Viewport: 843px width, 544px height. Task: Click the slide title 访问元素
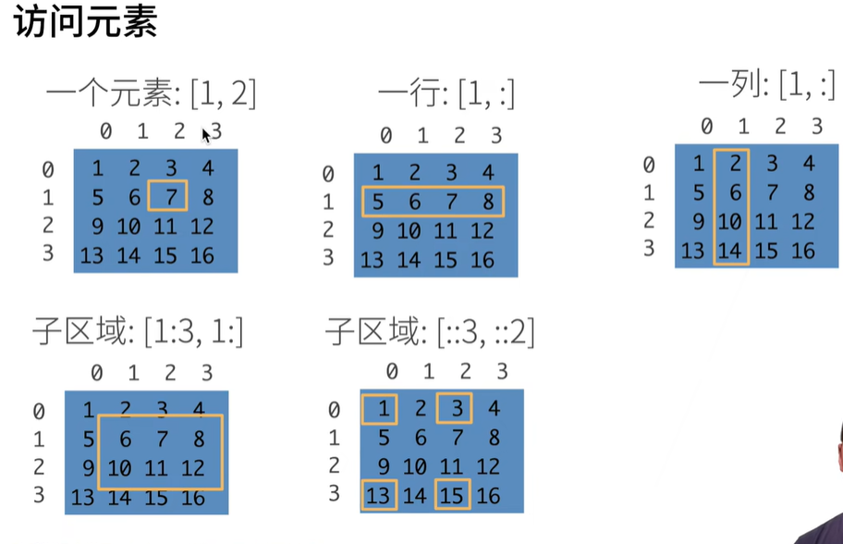(x=86, y=22)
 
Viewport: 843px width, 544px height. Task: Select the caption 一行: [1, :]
(x=446, y=93)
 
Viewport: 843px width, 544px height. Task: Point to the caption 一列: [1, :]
(x=766, y=86)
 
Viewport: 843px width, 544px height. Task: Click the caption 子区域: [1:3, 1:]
(x=138, y=330)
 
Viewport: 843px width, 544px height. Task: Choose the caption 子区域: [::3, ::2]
(x=430, y=330)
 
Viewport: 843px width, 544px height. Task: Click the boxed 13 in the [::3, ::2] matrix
(x=379, y=496)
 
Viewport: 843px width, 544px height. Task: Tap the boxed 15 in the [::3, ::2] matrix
(x=452, y=496)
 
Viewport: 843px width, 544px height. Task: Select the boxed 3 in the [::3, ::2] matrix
(x=454, y=408)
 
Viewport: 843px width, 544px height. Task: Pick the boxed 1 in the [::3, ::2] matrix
(x=381, y=408)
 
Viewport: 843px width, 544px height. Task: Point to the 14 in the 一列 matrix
(x=731, y=250)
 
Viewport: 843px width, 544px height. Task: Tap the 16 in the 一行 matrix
(x=483, y=260)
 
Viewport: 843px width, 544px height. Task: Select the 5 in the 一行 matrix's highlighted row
(x=376, y=202)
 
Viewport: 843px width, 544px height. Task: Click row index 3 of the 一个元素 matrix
(x=47, y=253)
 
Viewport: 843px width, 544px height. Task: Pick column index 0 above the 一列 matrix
(x=707, y=126)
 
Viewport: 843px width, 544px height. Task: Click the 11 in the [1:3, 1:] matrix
(x=155, y=469)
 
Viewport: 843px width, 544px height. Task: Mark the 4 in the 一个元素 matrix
(x=207, y=168)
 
